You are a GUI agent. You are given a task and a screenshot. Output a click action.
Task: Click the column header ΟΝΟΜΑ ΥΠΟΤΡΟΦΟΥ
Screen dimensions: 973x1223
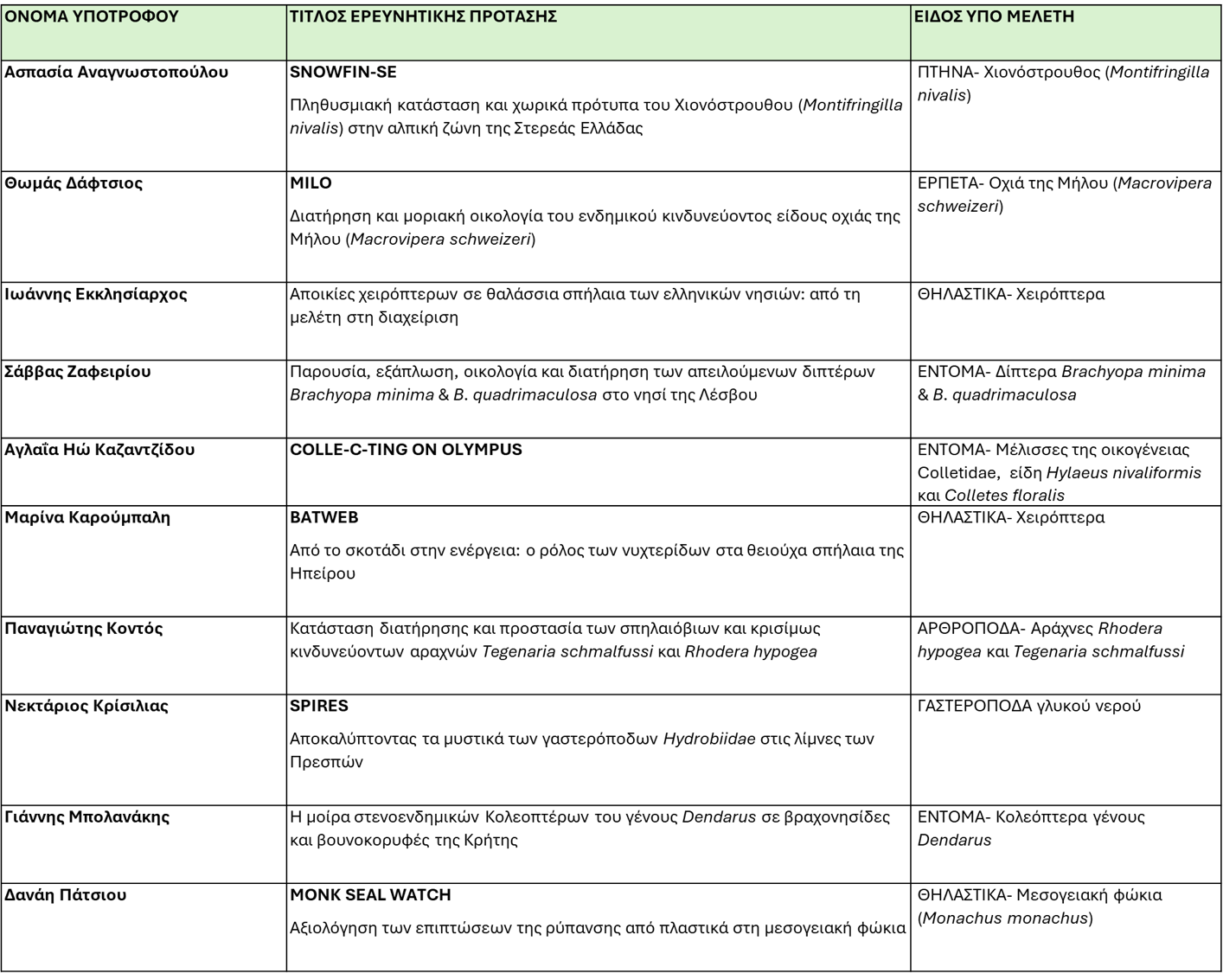click(92, 16)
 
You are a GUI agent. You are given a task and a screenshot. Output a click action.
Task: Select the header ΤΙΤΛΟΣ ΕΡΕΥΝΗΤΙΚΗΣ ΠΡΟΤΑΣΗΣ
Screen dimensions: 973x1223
click(423, 16)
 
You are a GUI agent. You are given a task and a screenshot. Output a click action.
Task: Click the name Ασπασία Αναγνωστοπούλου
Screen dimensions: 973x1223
click(117, 72)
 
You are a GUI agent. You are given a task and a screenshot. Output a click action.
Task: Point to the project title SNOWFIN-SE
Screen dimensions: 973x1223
click(343, 72)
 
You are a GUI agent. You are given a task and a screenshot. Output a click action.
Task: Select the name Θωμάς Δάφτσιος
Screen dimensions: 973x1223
click(74, 182)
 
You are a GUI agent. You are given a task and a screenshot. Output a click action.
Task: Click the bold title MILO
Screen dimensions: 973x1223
click(311, 182)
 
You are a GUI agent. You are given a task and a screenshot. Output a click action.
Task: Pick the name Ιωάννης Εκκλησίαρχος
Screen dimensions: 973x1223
click(96, 294)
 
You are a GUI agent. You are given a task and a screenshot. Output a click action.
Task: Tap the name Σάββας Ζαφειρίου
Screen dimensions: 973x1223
click(78, 372)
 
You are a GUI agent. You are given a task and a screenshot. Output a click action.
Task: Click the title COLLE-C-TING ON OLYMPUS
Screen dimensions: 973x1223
click(406, 450)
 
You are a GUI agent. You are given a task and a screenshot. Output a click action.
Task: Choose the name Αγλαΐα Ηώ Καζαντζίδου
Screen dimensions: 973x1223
click(99, 450)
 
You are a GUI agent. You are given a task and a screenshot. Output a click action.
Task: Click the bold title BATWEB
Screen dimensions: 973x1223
click(324, 517)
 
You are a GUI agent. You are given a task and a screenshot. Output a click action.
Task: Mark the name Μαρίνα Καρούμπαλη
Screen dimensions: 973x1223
click(87, 517)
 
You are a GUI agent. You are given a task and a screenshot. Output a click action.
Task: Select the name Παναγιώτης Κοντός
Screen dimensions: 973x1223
click(84, 628)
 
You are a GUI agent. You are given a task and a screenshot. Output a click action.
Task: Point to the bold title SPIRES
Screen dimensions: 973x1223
click(319, 706)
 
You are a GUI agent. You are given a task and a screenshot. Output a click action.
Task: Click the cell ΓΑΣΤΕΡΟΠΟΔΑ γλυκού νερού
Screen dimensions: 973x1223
click(1029, 706)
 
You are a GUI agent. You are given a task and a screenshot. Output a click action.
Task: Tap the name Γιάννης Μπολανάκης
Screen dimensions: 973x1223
click(87, 816)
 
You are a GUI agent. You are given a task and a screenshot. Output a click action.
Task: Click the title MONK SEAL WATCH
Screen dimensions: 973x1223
click(370, 894)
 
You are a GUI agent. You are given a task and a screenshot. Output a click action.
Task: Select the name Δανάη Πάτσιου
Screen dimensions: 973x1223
click(66, 894)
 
